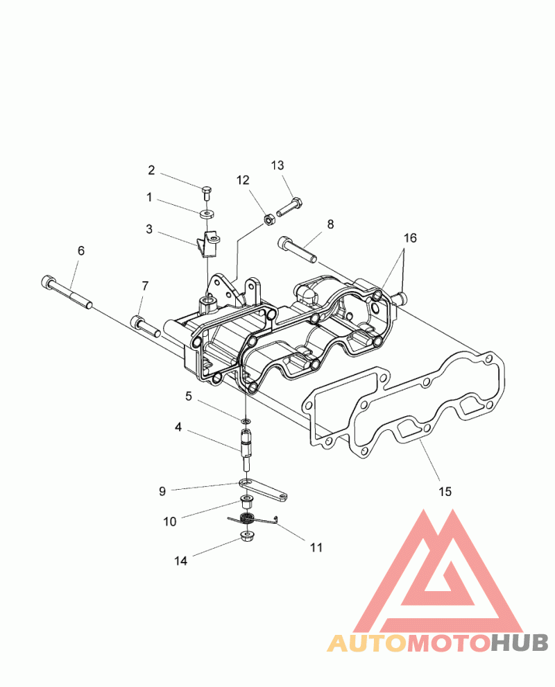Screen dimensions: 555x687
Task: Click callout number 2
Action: click(151, 170)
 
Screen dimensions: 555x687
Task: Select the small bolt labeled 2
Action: click(207, 193)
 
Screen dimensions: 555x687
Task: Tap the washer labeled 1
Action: click(206, 214)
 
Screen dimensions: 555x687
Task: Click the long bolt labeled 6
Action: click(67, 291)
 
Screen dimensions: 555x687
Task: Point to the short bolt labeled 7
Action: click(145, 326)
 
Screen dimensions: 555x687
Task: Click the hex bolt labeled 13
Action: click(290, 207)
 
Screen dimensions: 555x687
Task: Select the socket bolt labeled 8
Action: click(297, 250)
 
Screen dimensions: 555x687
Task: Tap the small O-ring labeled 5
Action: click(246, 421)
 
